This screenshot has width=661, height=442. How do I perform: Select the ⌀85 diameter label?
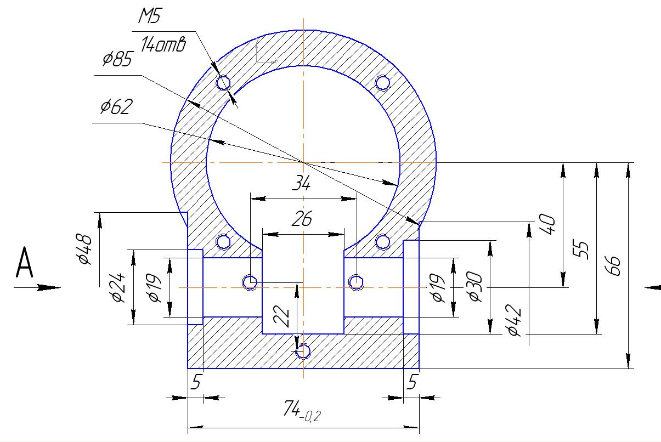click(117, 59)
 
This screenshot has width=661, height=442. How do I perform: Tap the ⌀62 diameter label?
click(116, 106)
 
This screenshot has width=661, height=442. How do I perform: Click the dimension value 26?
click(301, 219)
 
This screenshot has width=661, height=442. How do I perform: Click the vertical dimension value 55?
click(583, 250)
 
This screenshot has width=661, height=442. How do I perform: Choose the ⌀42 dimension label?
click(514, 322)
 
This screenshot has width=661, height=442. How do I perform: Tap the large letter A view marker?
click(25, 264)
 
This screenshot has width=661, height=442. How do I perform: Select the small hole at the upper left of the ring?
click(223, 83)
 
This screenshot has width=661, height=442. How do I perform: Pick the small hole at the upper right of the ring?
click(382, 83)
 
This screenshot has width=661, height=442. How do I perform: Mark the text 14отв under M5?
click(162, 45)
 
